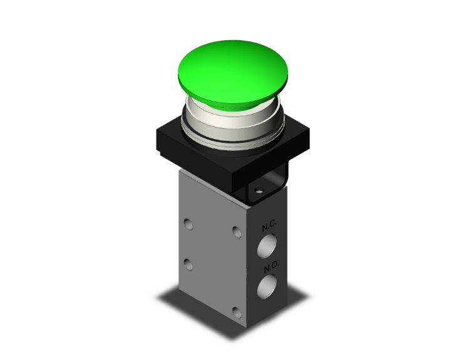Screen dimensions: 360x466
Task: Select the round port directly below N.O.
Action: [x=267, y=288]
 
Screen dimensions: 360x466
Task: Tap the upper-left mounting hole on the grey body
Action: [x=189, y=223]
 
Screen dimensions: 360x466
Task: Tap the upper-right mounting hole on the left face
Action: [x=236, y=232]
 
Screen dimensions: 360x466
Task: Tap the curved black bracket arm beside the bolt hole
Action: [x=276, y=185]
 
